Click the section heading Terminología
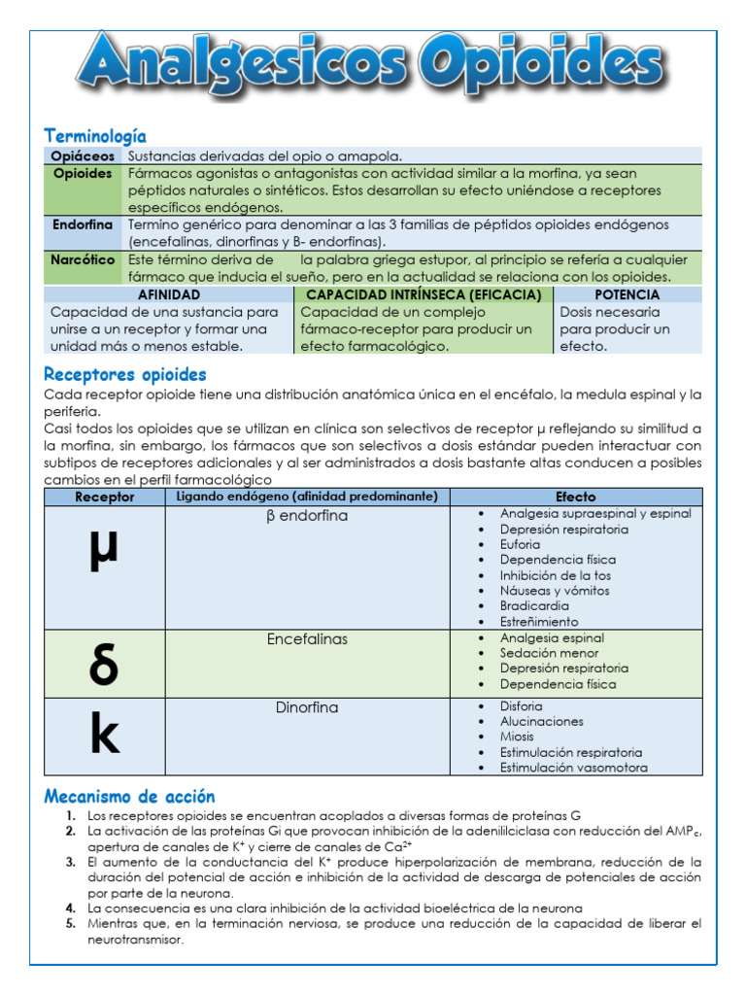tap(95, 136)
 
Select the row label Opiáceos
tap(84, 155)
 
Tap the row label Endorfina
tap(83, 224)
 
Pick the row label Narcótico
tap(84, 259)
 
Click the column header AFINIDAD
tap(169, 294)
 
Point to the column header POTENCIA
tap(627, 294)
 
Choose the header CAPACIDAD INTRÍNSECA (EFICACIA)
tap(424, 294)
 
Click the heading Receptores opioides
tap(125, 375)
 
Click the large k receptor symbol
tap(104, 737)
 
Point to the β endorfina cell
tap(307, 516)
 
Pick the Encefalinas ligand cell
tap(307, 639)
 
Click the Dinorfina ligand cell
tap(307, 707)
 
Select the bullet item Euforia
tap(520, 545)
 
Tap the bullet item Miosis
tap(517, 737)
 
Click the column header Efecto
tap(576, 497)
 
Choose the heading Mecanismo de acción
tap(129, 797)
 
